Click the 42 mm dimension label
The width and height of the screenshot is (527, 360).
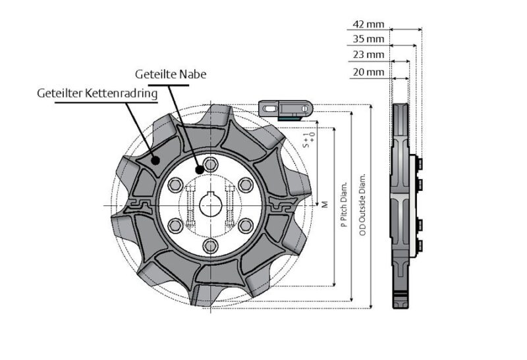(368, 24)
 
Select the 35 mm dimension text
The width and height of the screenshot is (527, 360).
(368, 39)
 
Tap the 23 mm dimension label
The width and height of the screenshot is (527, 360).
(368, 55)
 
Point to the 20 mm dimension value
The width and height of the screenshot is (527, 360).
(368, 71)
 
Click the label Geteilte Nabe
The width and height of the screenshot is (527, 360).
(171, 74)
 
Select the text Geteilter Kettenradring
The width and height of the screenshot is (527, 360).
(97, 93)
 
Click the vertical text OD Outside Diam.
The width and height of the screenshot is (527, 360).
(362, 192)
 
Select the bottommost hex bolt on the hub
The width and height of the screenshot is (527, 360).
(210, 246)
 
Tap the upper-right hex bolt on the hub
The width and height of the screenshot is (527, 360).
(245, 184)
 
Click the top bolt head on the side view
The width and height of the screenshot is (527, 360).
(420, 162)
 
